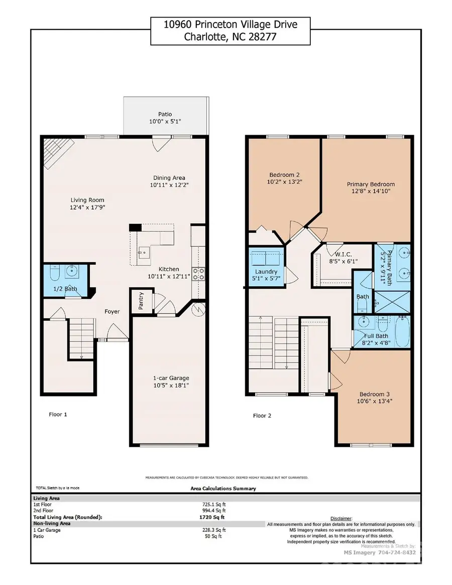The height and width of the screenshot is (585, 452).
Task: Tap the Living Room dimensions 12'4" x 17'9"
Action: click(87, 207)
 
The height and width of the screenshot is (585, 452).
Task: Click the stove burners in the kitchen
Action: click(199, 274)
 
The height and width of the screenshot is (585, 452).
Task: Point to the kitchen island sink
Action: click(143, 252)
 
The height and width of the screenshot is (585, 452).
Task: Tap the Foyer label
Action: click(112, 311)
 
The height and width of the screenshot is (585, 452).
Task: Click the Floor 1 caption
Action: click(58, 414)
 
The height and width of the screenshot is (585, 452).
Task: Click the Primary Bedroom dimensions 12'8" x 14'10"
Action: click(371, 191)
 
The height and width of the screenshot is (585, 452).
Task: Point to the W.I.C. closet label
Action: click(336, 254)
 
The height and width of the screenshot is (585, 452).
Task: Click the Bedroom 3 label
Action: click(374, 394)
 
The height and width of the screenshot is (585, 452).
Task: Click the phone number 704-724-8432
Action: click(396, 552)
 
